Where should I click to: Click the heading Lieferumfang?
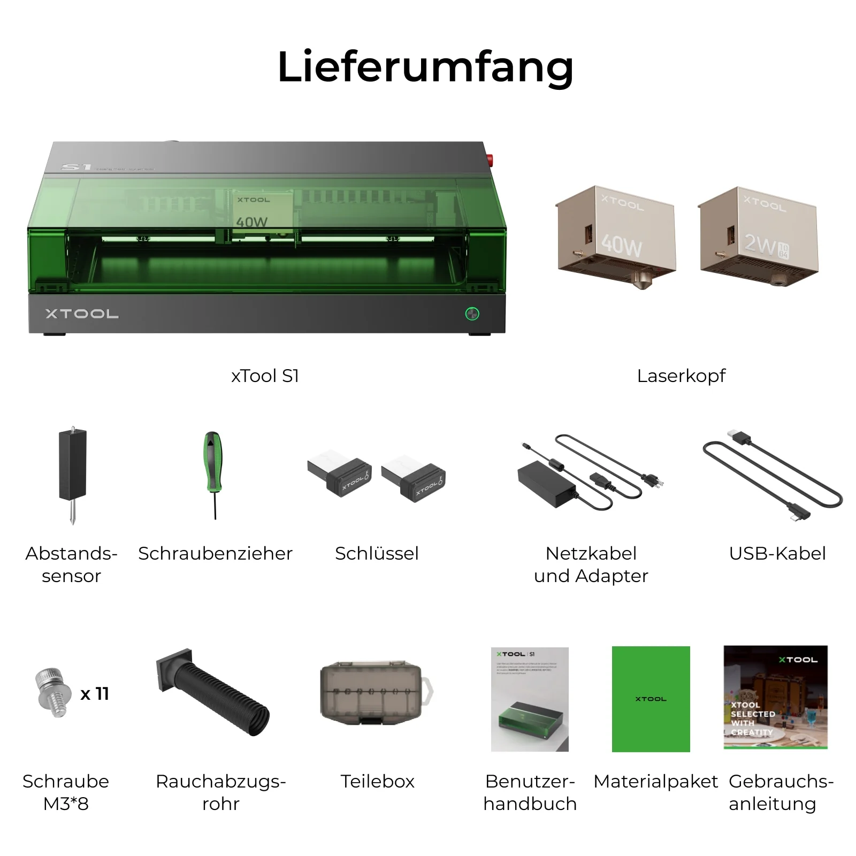pos(425,67)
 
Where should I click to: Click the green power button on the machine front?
pos(472,314)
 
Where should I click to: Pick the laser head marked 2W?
pos(758,235)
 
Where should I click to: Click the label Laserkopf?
pos(681,376)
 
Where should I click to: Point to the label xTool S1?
pos(265,376)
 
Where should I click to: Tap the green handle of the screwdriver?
pos(213,460)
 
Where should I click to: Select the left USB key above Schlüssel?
pos(339,475)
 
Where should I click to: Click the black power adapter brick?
pos(546,484)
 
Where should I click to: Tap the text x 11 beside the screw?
pos(95,694)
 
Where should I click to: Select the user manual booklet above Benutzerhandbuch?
pos(530,699)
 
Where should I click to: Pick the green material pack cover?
pos(651,699)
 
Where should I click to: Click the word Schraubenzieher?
pos(215,553)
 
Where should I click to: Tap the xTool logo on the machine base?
pos(82,314)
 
